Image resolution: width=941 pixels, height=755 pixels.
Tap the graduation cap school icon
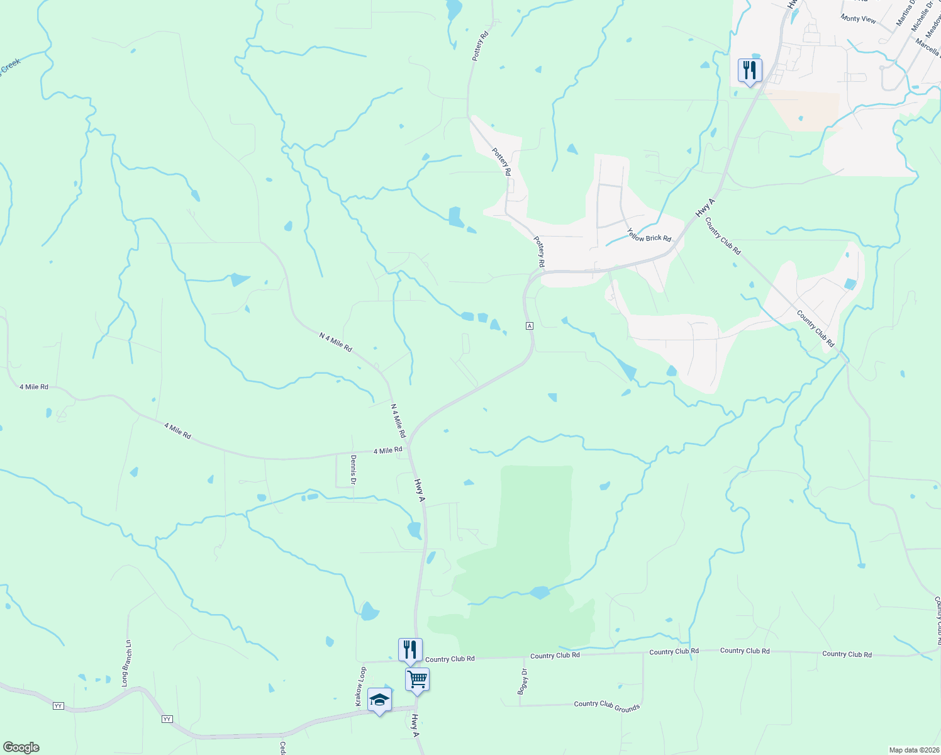tap(379, 700)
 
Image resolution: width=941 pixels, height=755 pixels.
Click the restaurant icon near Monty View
tap(750, 70)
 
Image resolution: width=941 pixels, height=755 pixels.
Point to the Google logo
tap(21, 747)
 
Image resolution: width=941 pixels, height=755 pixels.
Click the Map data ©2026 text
tap(913, 750)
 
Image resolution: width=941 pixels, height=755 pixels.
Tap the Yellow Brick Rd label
tap(649, 235)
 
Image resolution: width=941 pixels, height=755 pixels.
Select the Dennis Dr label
tap(354, 469)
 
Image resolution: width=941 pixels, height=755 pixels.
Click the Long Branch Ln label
tap(126, 663)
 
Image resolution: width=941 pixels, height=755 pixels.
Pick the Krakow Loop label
tap(360, 686)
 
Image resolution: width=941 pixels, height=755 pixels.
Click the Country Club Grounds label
tap(606, 705)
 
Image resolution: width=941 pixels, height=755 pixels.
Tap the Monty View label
tap(858, 19)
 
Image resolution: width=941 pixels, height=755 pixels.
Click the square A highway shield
tap(530, 325)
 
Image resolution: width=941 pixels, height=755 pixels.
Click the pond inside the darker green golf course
tap(540, 593)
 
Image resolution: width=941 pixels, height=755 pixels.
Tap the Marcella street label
tap(928, 48)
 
